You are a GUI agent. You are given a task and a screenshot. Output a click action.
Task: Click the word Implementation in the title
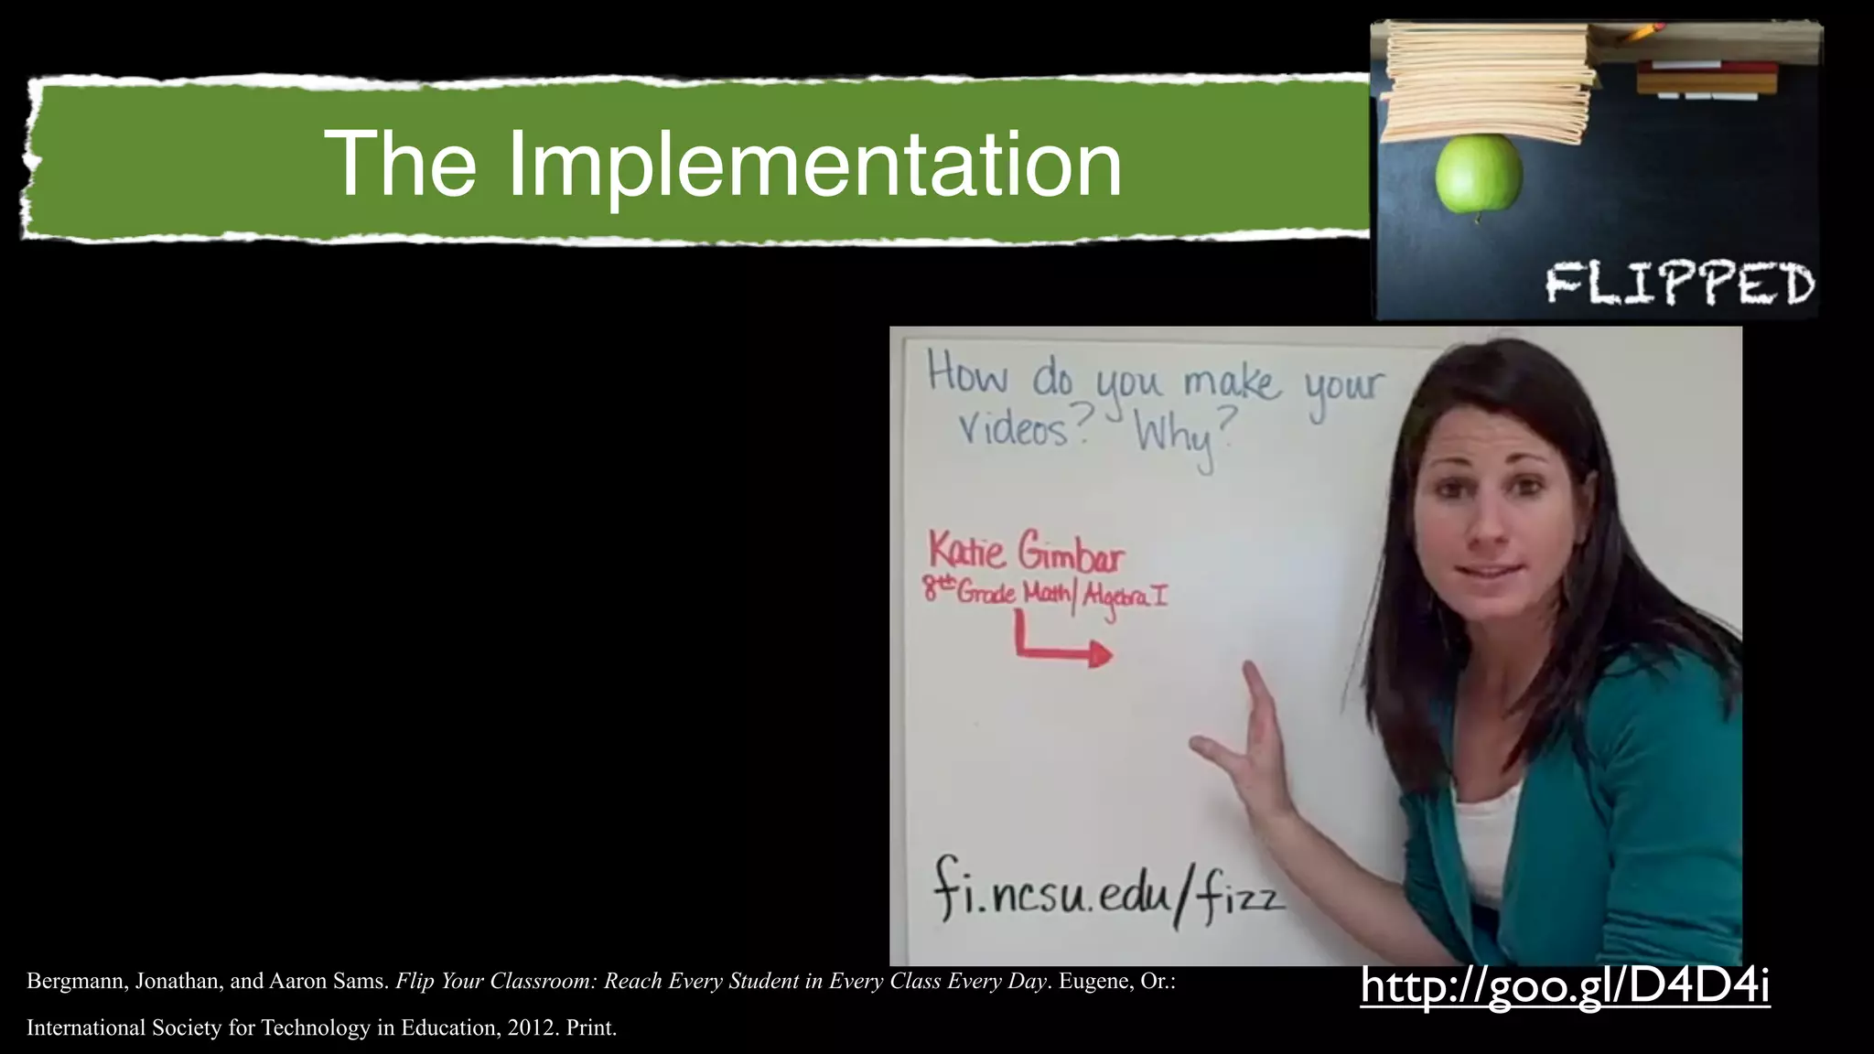point(814,165)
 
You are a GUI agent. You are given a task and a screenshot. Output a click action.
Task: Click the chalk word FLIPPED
point(1680,284)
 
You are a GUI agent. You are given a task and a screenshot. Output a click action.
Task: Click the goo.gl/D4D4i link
point(1565,986)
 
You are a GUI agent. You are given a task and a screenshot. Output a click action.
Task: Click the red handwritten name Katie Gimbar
point(1026,551)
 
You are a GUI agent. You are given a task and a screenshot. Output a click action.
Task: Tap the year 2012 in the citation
point(530,1027)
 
